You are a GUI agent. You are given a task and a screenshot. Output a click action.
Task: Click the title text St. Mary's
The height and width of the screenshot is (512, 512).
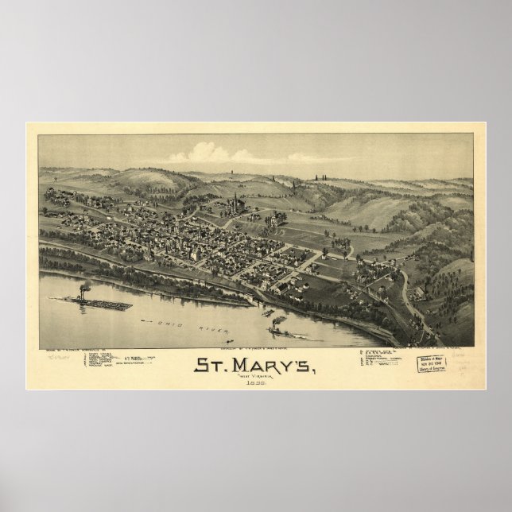pos(256,367)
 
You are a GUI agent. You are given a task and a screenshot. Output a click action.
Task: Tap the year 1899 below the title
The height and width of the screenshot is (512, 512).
pos(256,384)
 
